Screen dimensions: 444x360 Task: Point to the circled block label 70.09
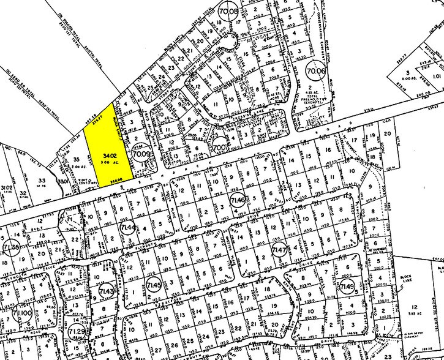[140, 155]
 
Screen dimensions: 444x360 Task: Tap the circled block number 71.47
[280, 252]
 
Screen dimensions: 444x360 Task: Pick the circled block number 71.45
[154, 285]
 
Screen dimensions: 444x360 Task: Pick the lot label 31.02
[7, 188]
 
